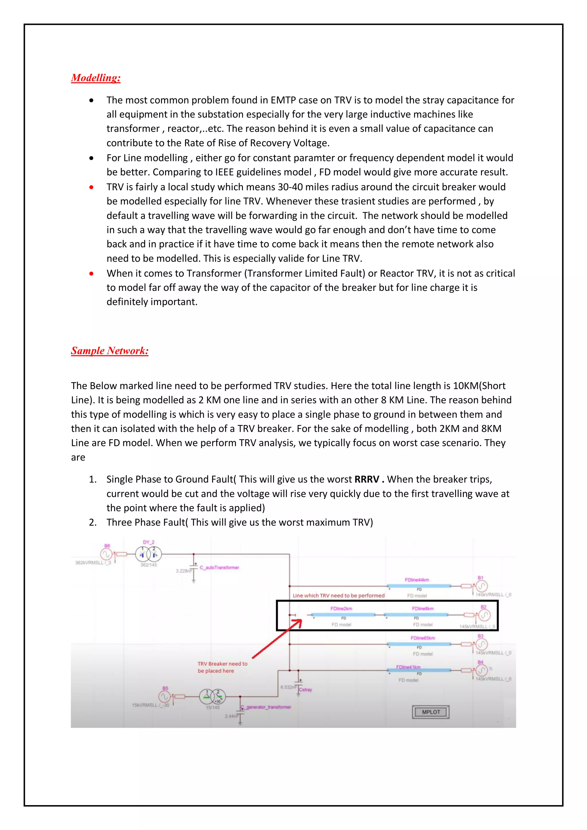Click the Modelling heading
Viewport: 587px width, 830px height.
point(95,78)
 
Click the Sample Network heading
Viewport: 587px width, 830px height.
point(109,351)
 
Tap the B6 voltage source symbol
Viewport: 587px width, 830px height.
point(106,554)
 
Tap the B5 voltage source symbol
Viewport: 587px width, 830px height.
point(164,696)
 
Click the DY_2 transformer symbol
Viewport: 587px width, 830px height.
point(148,554)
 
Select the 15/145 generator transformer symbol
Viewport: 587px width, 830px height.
point(212,696)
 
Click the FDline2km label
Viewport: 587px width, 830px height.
point(341,609)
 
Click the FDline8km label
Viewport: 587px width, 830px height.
point(422,609)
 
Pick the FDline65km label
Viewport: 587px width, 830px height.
point(422,638)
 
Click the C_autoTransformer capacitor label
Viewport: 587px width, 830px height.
point(219,568)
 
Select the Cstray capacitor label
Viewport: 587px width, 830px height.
point(305,690)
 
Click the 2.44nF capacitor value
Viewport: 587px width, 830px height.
point(231,716)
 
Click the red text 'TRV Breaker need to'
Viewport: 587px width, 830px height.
point(222,664)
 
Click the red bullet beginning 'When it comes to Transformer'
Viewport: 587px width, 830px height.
point(91,274)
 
